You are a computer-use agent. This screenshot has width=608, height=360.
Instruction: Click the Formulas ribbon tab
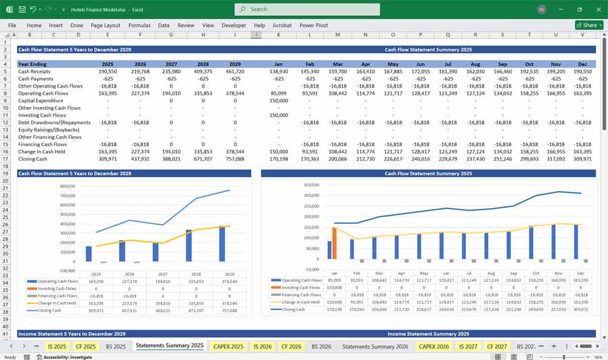(x=139, y=26)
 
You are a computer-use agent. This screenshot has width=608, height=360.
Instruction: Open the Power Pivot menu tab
(x=314, y=26)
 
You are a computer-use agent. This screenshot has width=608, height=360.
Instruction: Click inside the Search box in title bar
(x=307, y=9)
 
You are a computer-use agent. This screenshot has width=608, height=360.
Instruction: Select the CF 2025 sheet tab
(x=86, y=346)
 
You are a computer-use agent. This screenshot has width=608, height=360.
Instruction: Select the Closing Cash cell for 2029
(x=235, y=159)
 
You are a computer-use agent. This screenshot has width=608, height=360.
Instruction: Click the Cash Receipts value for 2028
(x=204, y=71)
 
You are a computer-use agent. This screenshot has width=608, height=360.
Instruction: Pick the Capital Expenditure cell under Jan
(x=278, y=100)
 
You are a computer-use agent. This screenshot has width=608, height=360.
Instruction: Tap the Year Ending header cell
(x=32, y=63)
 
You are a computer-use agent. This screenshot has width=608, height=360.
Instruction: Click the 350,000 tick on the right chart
(x=311, y=185)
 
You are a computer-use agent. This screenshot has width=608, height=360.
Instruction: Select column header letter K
(x=278, y=35)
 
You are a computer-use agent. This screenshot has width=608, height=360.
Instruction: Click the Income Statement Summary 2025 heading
(x=428, y=334)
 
